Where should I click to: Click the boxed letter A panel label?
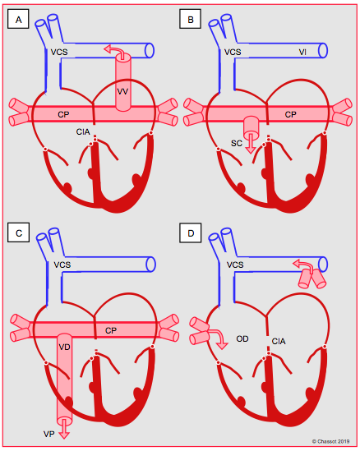click(18, 20)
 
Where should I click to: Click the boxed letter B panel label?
click(190, 20)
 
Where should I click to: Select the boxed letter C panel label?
click(19, 232)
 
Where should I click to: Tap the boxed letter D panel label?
click(191, 232)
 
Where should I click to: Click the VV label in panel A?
click(122, 92)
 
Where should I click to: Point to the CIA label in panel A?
click(83, 131)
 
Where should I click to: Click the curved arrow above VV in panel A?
click(114, 51)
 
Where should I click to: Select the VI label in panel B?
click(302, 52)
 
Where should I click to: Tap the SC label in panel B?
click(237, 143)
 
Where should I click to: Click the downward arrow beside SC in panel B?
click(251, 143)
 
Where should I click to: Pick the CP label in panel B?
click(290, 114)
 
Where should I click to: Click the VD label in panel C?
click(64, 347)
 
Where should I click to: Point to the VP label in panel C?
click(49, 434)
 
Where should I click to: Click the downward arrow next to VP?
click(64, 429)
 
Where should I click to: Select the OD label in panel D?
click(242, 338)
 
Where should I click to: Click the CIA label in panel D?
click(279, 342)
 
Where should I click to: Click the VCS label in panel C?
click(62, 265)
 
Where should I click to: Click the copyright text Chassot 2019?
click(331, 441)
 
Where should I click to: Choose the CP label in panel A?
click(63, 114)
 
